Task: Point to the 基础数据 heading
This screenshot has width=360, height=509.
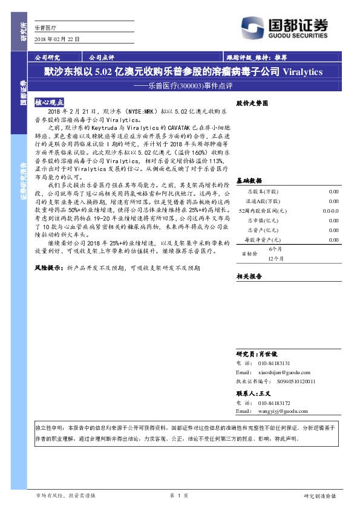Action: coord(249,181)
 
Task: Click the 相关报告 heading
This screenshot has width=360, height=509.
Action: coord(249,276)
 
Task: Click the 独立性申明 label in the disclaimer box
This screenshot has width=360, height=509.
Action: coord(48,426)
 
